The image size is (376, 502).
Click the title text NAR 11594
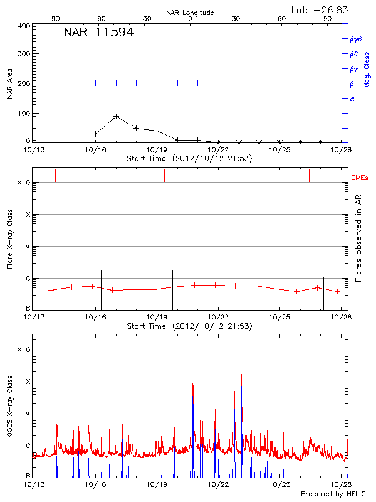[98, 33]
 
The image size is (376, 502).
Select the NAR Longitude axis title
[190, 13]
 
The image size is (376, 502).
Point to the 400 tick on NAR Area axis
[23, 26]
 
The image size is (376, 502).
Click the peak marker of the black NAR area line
[117, 116]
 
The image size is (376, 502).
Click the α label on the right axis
[352, 99]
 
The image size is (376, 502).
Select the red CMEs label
[361, 178]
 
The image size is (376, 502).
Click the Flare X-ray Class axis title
[9, 238]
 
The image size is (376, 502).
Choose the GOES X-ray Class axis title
[9, 410]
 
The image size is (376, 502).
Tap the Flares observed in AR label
[358, 239]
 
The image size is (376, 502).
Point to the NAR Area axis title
[9, 84]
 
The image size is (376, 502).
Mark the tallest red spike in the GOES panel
[241, 375]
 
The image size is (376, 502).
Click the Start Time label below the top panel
[189, 158]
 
